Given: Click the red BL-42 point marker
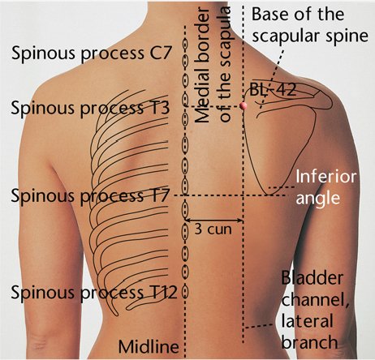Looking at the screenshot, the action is [x=244, y=105].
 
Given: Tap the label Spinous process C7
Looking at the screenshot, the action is [x=92, y=53].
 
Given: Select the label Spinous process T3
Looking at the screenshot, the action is [x=90, y=108].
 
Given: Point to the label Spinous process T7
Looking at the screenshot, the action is [x=90, y=195].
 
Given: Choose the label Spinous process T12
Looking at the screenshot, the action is [x=94, y=293].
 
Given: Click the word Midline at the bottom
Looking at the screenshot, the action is [x=149, y=346].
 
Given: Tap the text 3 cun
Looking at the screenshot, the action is [x=213, y=229].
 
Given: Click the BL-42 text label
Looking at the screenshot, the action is [x=273, y=90].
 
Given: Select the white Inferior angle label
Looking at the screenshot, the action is [x=325, y=187].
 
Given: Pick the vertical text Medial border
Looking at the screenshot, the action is [x=202, y=65].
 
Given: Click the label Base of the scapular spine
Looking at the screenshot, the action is [x=310, y=25].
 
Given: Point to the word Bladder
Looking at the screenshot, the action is [x=312, y=277].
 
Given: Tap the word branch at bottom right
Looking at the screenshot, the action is [x=310, y=342].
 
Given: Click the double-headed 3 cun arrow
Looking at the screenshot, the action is [x=214, y=221].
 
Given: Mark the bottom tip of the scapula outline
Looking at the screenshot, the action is [x=269, y=195].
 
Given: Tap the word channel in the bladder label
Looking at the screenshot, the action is [x=315, y=301].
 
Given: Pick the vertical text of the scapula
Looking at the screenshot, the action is [x=226, y=64].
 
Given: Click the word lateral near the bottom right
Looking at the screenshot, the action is [x=308, y=321].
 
